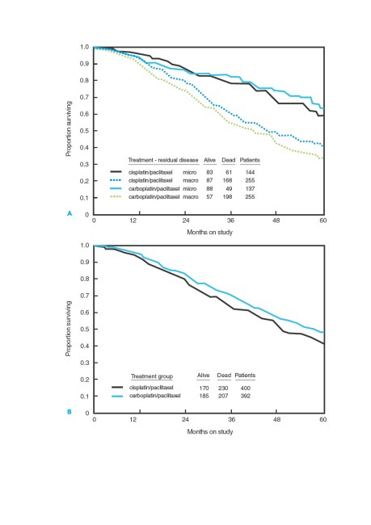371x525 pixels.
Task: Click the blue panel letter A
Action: click(70, 213)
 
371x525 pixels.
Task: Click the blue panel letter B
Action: click(70, 412)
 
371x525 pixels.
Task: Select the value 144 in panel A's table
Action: click(250, 172)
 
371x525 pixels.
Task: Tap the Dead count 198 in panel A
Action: click(228, 197)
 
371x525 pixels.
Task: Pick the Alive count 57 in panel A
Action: click(209, 197)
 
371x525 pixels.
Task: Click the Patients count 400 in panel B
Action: click(246, 388)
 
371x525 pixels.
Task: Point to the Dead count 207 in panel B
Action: click(223, 396)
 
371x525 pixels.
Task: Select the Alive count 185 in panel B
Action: click(204, 396)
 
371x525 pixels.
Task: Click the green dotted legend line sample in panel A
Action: click(116, 197)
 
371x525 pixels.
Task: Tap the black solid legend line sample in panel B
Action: click(117, 388)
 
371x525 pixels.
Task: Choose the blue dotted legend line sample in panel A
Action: click(116, 180)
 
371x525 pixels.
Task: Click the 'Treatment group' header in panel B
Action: click(152, 376)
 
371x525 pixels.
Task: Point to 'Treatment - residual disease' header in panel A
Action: click(163, 160)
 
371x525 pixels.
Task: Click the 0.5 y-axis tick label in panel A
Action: click(84, 131)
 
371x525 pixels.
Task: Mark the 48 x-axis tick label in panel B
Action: click(276, 419)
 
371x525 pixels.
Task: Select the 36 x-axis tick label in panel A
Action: click(230, 220)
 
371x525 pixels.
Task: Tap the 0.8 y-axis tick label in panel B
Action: click(84, 279)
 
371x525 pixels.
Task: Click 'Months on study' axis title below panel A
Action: click(210, 232)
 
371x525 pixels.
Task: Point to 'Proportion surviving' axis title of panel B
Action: click(69, 329)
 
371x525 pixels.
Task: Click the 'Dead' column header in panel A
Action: click(228, 160)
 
